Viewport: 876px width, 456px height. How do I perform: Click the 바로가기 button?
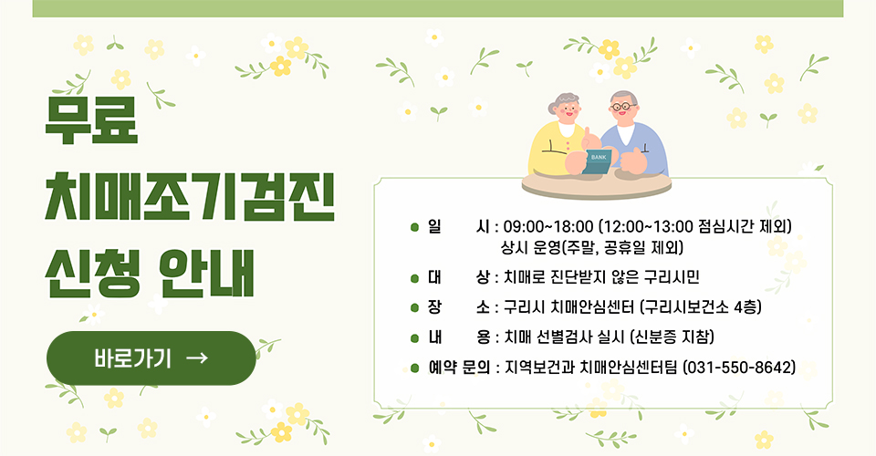click(x=151, y=358)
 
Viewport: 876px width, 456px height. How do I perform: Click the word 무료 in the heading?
click(x=92, y=119)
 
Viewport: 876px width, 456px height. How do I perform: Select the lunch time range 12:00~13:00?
click(x=654, y=226)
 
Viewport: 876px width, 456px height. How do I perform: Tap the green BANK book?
click(x=600, y=159)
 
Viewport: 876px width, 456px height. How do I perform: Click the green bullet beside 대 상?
click(x=414, y=276)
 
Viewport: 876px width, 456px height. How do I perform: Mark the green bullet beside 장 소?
click(x=414, y=306)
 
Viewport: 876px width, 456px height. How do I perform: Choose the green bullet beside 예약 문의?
click(x=414, y=368)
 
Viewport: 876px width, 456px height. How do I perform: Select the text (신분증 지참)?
click(x=672, y=337)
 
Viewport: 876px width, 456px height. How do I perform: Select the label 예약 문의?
click(x=458, y=368)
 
